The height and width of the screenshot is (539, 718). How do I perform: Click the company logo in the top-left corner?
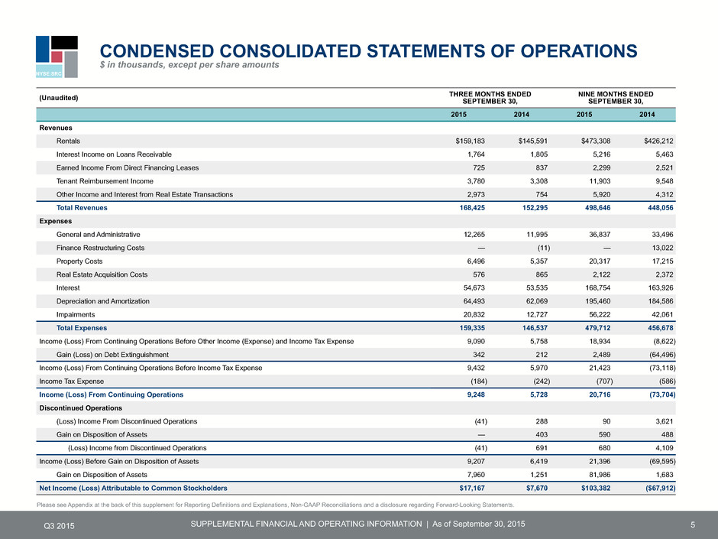57,57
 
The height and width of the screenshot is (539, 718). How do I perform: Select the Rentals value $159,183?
470,141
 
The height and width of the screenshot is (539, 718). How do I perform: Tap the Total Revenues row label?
82,208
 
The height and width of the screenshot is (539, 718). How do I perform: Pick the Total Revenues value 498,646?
596,208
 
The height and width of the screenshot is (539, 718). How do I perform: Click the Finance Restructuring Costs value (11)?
543,248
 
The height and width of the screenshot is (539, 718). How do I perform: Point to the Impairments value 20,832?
474,314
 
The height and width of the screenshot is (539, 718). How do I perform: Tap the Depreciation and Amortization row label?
102,301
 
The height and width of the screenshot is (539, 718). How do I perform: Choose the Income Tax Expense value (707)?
604,382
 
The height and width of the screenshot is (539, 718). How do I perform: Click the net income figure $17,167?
472,488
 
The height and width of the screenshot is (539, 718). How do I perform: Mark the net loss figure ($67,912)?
660,488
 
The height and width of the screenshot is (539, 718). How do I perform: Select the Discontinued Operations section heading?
81,408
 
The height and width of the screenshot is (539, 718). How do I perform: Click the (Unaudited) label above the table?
59,98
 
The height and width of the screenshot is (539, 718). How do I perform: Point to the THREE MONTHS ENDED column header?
490,94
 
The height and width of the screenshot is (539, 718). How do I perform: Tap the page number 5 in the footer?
693,524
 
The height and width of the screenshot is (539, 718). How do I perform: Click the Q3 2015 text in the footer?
59,526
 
